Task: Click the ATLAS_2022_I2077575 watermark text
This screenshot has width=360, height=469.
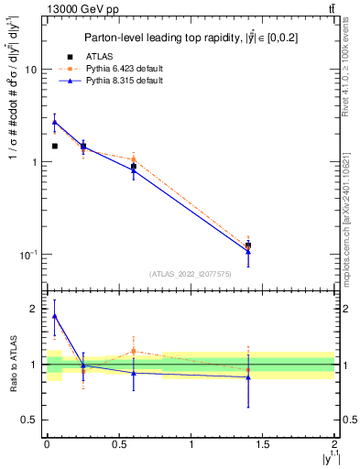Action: [x=190, y=274]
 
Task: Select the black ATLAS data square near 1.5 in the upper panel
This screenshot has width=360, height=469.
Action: [x=248, y=245]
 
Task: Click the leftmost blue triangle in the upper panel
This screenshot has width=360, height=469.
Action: [x=54, y=122]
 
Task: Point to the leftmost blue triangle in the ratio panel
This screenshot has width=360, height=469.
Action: [x=54, y=316]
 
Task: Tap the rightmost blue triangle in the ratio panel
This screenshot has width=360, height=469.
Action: [x=248, y=377]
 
